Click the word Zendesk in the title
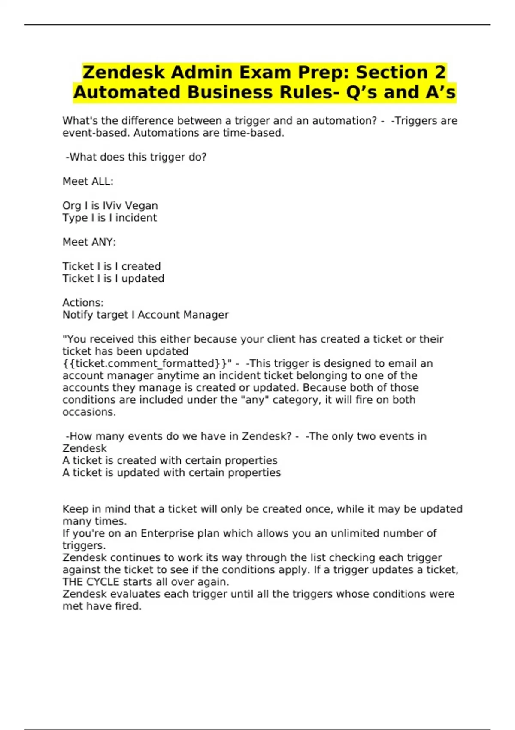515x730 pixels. [x=124, y=72]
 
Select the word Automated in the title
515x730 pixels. [x=127, y=92]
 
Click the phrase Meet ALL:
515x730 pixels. [x=88, y=182]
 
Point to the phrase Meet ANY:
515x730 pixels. [x=89, y=242]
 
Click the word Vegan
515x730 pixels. [x=141, y=206]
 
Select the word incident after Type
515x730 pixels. [x=136, y=218]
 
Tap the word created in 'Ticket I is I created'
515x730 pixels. [x=141, y=266]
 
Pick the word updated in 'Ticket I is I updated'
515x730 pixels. [x=142, y=279]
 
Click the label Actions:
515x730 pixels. [x=83, y=303]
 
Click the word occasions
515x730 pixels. [x=88, y=412]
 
